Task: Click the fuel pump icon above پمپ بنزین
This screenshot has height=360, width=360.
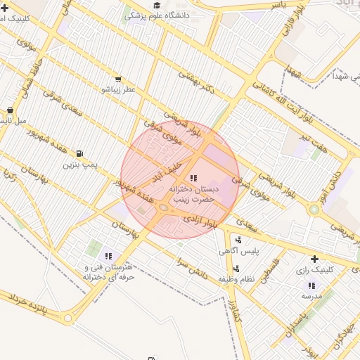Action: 79,153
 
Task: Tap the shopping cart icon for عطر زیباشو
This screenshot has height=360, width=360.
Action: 117,79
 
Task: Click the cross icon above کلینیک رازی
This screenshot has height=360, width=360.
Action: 314,259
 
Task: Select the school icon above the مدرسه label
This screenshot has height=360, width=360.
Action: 311,285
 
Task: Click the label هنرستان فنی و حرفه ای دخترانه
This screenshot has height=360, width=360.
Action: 108,271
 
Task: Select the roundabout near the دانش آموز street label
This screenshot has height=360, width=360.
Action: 313,209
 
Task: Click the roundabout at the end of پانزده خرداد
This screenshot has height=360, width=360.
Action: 68,319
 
